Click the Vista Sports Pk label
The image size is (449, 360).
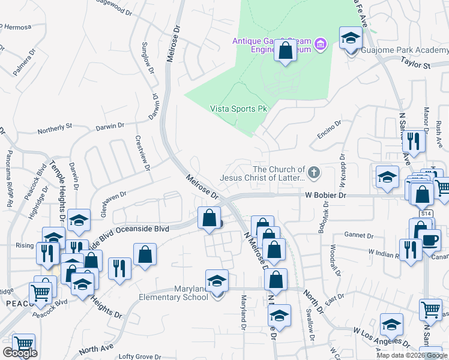(238, 109)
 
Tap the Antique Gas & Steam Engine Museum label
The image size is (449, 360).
(271, 46)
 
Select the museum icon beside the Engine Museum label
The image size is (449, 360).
(321, 44)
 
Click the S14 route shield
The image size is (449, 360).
(426, 214)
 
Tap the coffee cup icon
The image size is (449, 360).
(430, 239)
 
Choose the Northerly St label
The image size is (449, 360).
(55, 127)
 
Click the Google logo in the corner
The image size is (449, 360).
(20, 353)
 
